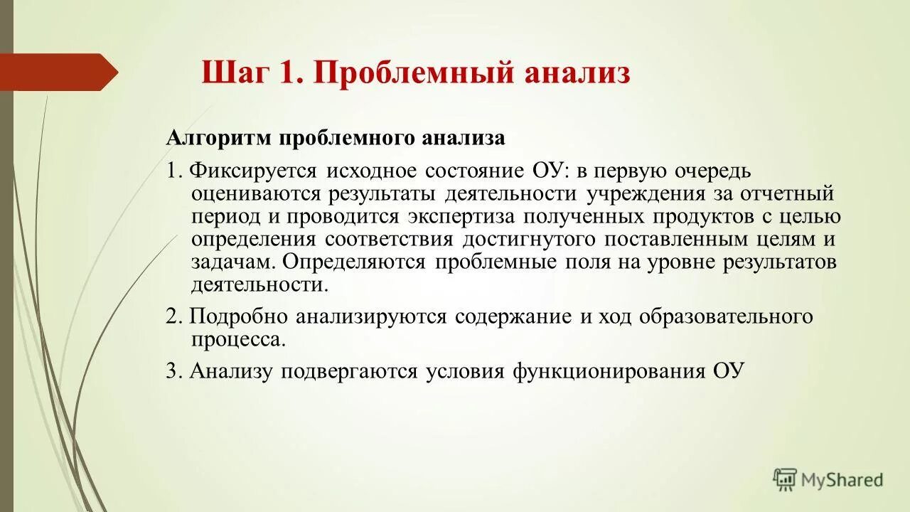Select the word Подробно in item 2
(x=239, y=317)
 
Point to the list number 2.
(x=173, y=317)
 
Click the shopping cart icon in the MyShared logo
(x=785, y=479)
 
